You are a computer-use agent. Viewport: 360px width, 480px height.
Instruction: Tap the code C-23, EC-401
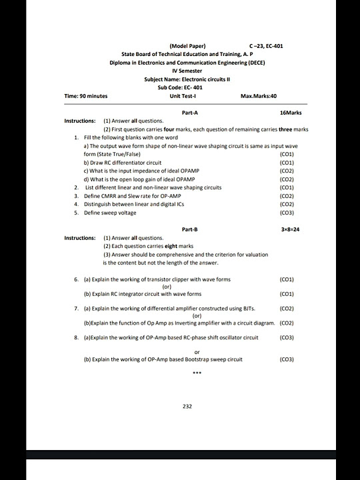click(266, 45)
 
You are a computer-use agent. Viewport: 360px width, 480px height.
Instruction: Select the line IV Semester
click(187, 71)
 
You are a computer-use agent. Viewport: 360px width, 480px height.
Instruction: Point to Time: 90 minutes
click(86, 96)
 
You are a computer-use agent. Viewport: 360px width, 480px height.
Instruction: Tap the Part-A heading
click(189, 113)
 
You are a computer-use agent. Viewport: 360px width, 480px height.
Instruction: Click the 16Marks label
click(291, 113)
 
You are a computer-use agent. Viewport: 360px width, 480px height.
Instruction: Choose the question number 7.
click(77, 309)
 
